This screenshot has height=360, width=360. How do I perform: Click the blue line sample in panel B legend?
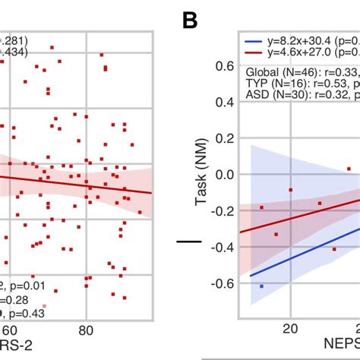tap(254, 39)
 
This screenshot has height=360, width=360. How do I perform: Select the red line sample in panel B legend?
tap(254, 51)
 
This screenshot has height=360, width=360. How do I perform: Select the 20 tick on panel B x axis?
tap(289, 327)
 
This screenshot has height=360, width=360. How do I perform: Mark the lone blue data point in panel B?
tap(261, 286)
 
